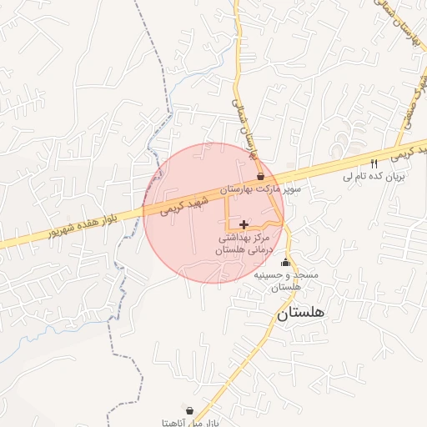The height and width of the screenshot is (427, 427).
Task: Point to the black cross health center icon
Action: (243, 224)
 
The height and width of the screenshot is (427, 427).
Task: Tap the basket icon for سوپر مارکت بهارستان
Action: (261, 176)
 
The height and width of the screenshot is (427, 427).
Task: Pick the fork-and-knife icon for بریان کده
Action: (374, 163)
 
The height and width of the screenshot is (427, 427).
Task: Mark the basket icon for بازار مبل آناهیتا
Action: (190, 410)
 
